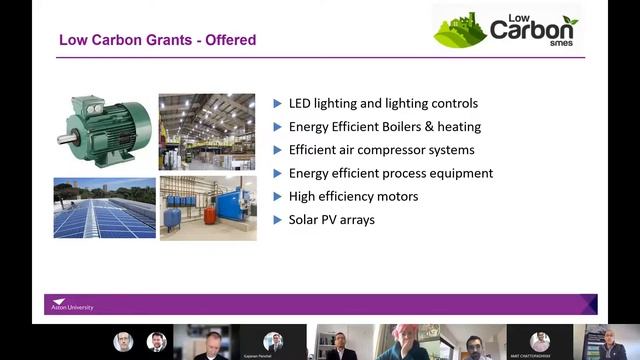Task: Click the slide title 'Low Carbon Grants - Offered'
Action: pyautogui.click(x=157, y=41)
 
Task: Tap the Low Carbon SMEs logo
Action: pyautogui.click(x=506, y=29)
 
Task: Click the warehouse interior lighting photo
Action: pyautogui.click(x=206, y=131)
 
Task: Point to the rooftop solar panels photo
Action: pyautogui.click(x=104, y=208)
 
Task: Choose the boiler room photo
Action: pyautogui.click(x=207, y=208)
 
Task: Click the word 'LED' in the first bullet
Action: pyautogui.click(x=301, y=104)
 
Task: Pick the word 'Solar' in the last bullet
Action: pyautogui.click(x=305, y=219)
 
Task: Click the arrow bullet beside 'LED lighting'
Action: pyautogui.click(x=278, y=104)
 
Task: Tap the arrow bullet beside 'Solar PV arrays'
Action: pyautogui.click(x=278, y=219)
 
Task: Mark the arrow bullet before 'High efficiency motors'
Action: pyautogui.click(x=278, y=196)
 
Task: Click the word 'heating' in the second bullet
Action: pyautogui.click(x=458, y=127)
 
